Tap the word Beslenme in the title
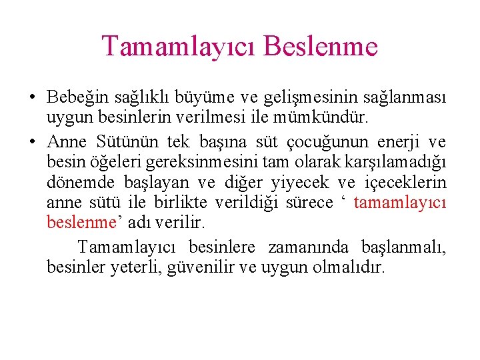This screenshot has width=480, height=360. point(321,47)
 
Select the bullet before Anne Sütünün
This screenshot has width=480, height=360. point(32,142)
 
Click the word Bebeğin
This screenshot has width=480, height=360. point(72,98)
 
